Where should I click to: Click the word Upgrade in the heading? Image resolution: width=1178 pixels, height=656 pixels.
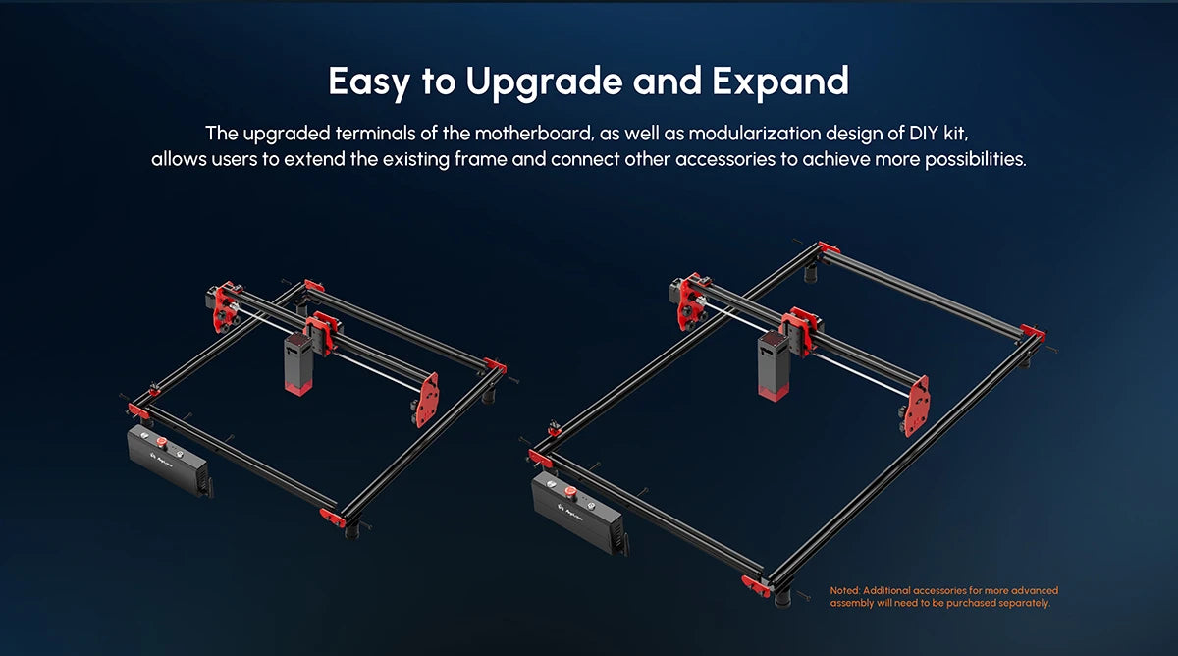(544, 82)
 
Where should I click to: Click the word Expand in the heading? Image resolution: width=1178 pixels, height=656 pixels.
(780, 82)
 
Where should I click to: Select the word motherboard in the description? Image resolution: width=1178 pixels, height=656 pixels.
(534, 134)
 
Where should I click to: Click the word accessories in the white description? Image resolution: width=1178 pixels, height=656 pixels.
(725, 159)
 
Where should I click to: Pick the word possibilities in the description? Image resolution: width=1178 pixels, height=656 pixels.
(976, 159)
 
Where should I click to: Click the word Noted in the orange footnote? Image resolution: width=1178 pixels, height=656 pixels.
(844, 591)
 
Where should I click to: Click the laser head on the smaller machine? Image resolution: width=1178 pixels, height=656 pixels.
(298, 363)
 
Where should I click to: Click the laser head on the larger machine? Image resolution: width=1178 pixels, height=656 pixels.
(774, 366)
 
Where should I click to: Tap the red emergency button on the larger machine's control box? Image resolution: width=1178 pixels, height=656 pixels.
(570, 492)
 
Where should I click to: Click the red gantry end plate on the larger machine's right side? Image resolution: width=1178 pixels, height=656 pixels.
(917, 406)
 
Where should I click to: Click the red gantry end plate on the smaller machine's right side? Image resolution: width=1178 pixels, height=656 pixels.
(427, 401)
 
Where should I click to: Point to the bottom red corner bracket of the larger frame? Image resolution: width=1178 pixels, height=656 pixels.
(756, 585)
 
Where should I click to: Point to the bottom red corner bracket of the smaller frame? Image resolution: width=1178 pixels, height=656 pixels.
(333, 518)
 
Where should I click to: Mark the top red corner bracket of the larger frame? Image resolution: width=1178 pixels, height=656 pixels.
(830, 247)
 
